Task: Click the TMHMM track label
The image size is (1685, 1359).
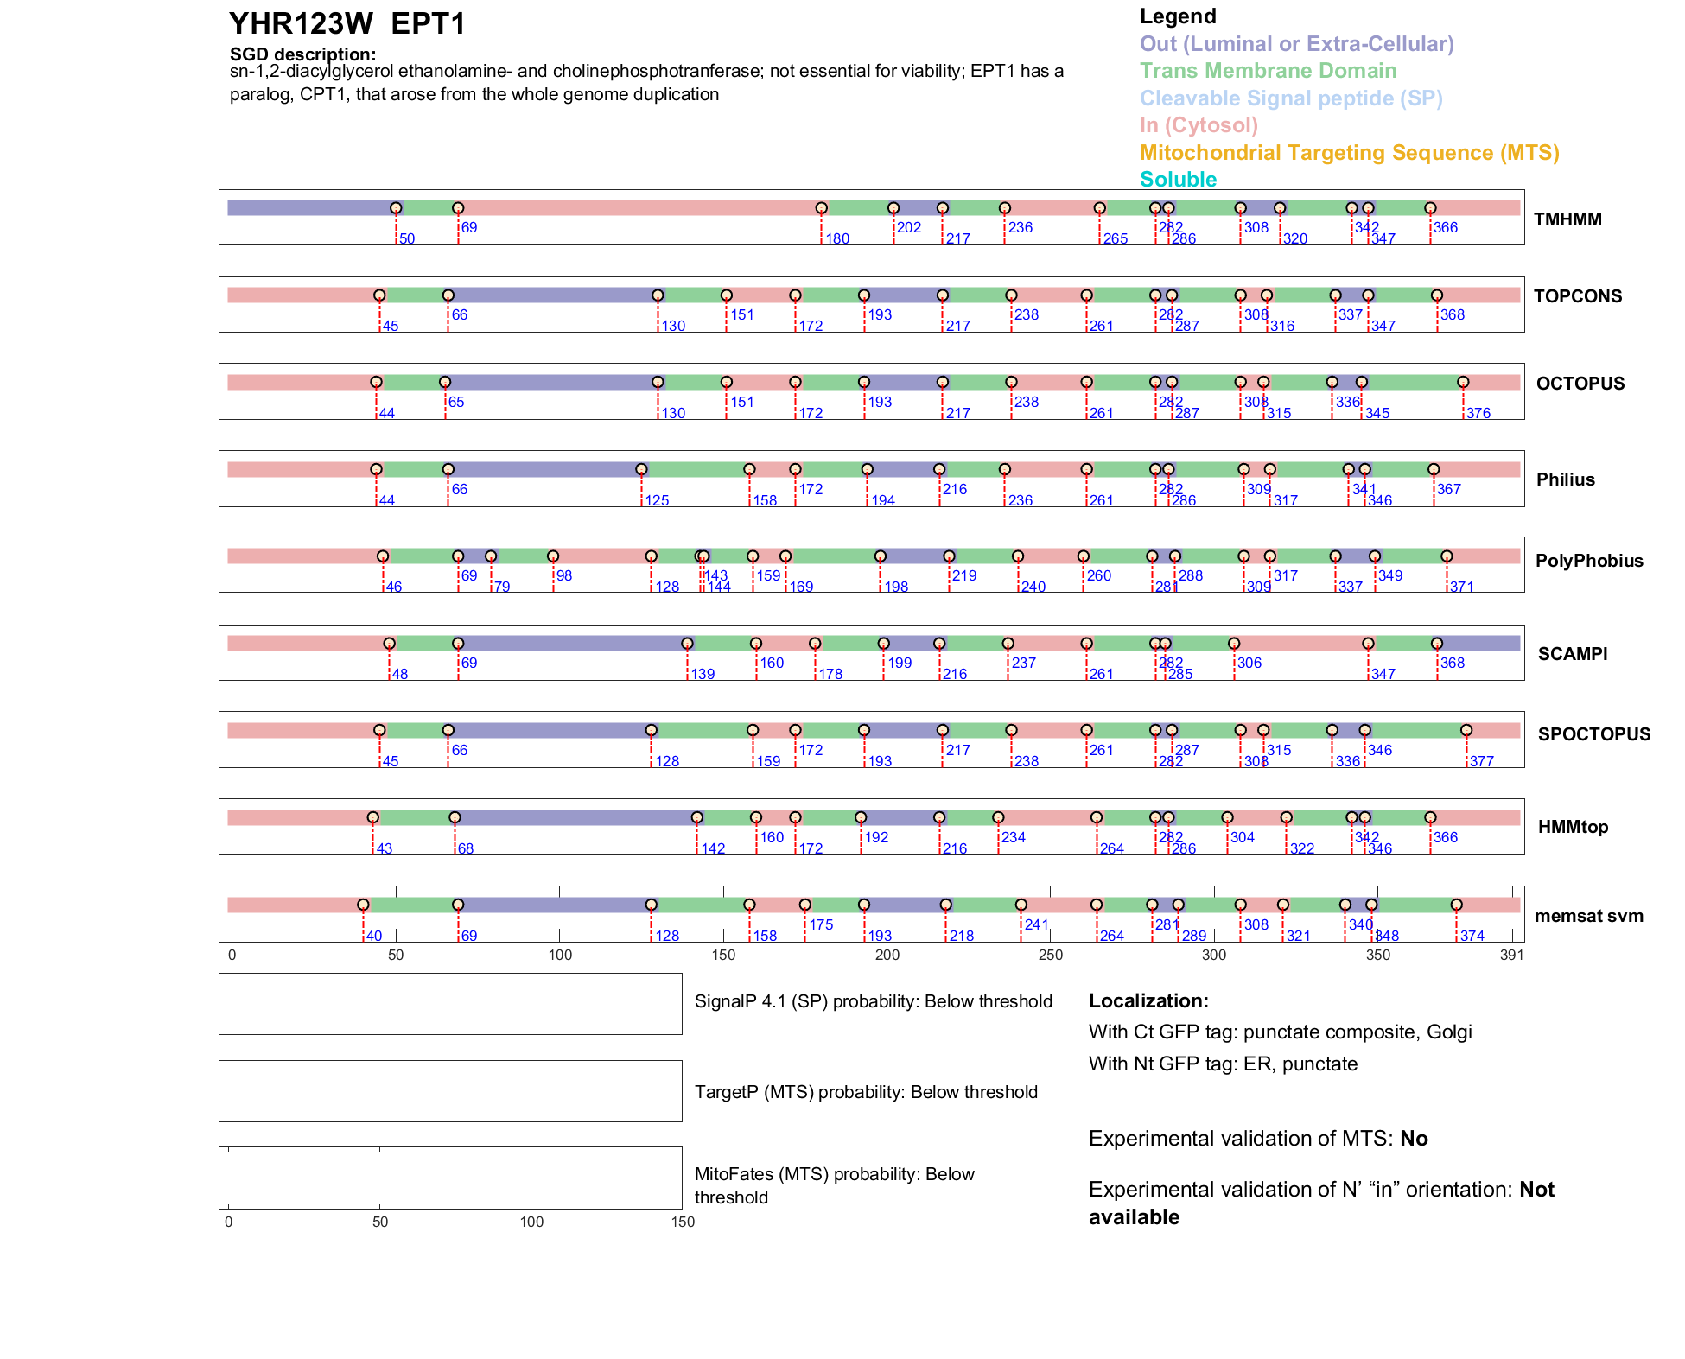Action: [x=1567, y=219]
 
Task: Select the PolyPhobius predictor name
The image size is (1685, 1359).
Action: [x=1589, y=561]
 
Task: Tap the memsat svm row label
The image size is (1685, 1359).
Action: [x=1588, y=916]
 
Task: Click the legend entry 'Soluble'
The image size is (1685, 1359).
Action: [x=1178, y=180]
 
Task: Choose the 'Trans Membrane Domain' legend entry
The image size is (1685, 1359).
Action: [x=1268, y=71]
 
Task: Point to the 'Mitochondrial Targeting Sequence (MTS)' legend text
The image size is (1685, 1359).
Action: [x=1349, y=153]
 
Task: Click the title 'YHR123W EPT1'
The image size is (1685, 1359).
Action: [x=347, y=24]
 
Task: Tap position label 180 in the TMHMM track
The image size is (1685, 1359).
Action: [x=837, y=238]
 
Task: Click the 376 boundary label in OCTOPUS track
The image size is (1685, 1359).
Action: [x=1478, y=413]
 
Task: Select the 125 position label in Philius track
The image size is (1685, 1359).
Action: [x=657, y=500]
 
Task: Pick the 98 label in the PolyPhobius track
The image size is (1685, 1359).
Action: [x=564, y=575]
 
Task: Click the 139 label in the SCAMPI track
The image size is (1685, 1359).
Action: [x=703, y=674]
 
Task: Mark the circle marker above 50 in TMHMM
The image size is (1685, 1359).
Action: [x=396, y=208]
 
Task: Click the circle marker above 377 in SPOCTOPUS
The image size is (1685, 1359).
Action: [x=1466, y=731]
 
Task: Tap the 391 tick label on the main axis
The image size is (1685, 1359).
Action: [x=1511, y=955]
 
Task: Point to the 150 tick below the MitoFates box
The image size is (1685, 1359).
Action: [x=683, y=1222]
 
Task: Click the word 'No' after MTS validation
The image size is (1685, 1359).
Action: [x=1414, y=1139]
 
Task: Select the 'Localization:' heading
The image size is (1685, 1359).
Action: [x=1148, y=1001]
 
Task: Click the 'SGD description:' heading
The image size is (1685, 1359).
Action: [x=302, y=54]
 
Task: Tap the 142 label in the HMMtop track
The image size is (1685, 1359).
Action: [x=713, y=848]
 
